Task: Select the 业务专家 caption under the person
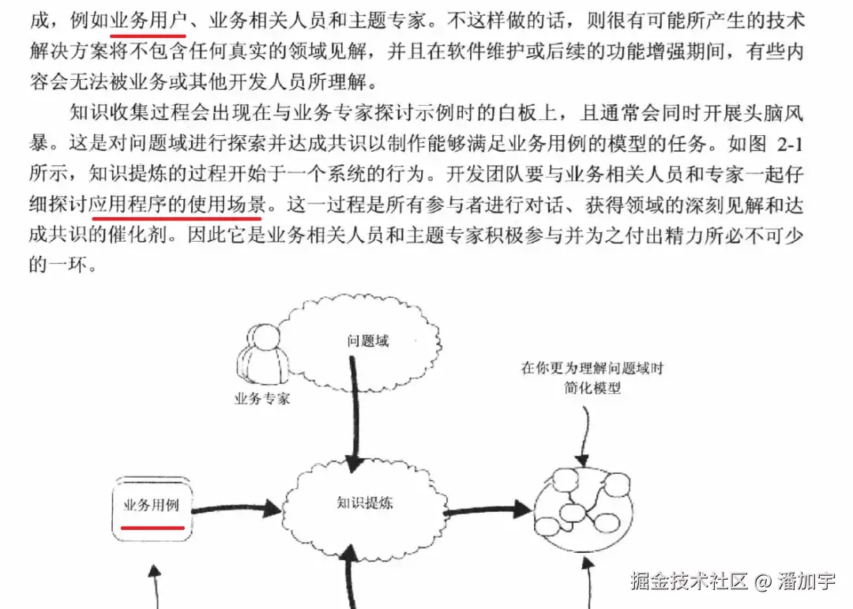click(x=261, y=398)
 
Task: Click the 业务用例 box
click(x=152, y=507)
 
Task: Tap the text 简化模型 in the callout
click(x=592, y=389)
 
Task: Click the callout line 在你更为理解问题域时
click(x=592, y=368)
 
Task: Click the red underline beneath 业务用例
click(x=153, y=525)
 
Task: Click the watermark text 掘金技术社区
click(x=689, y=583)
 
